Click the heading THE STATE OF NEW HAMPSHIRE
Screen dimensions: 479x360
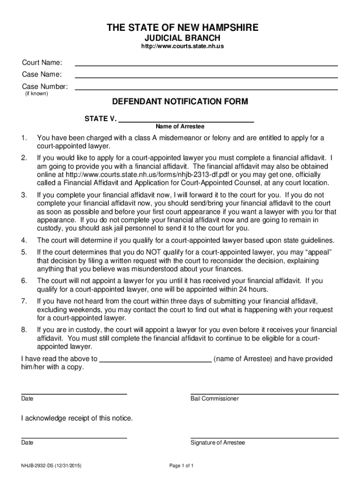pyautogui.click(x=182, y=28)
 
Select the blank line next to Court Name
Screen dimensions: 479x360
pyautogui.click(x=206, y=65)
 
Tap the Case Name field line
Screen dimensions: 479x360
pyautogui.click(x=206, y=77)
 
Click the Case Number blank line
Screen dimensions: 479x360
pyautogui.click(x=206, y=88)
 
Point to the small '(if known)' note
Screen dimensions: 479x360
pyautogui.click(x=36, y=94)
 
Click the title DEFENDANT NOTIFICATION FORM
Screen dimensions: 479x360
pyautogui.click(x=180, y=102)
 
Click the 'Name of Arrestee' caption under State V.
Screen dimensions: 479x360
pyautogui.click(x=180, y=127)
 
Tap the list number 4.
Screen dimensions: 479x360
pyautogui.click(x=23, y=240)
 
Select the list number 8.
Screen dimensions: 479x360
pyautogui.click(x=23, y=330)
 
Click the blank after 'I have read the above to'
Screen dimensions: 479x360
pyautogui.click(x=156, y=361)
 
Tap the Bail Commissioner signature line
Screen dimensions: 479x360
pyautogui.click(x=264, y=394)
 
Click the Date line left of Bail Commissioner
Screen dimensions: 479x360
pyautogui.click(x=74, y=394)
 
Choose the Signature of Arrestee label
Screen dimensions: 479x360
pyautogui.click(x=217, y=443)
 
